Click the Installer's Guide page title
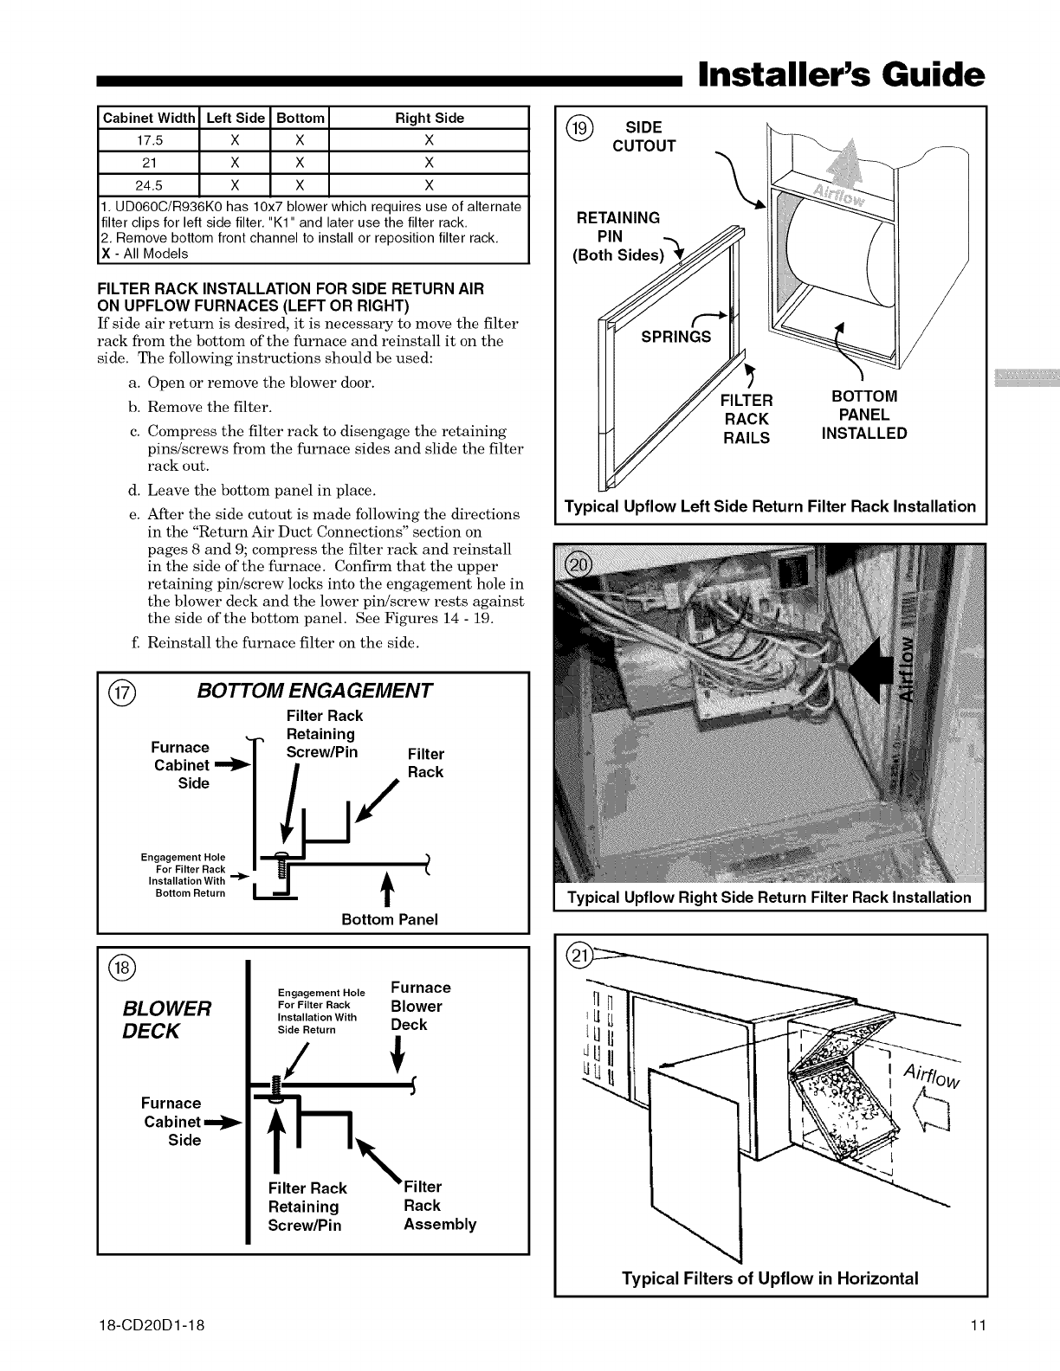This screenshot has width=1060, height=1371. [x=841, y=75]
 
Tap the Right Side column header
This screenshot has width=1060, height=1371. [x=429, y=118]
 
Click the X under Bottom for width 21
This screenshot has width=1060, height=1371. [x=299, y=163]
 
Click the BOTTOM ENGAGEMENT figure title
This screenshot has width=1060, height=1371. [x=314, y=691]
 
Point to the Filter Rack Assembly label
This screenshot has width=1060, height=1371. [x=439, y=1205]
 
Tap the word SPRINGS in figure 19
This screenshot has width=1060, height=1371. [x=675, y=337]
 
